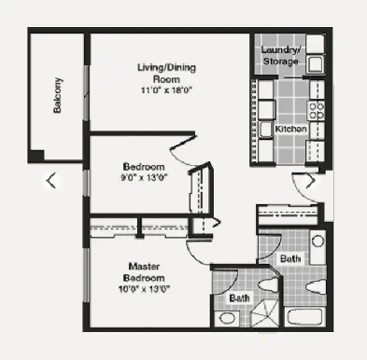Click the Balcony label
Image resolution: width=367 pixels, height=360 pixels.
(x=59, y=94)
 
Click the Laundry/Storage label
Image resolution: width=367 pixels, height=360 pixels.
(x=280, y=55)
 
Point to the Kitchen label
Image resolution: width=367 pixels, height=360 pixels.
(x=290, y=128)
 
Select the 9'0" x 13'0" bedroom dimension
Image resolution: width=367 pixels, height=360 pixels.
(x=145, y=175)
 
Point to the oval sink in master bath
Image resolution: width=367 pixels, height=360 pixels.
(x=226, y=318)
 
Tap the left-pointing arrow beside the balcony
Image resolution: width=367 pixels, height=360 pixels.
(x=51, y=181)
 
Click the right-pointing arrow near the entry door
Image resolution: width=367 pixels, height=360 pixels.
(x=311, y=182)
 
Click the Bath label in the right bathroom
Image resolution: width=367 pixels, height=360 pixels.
(x=289, y=258)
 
